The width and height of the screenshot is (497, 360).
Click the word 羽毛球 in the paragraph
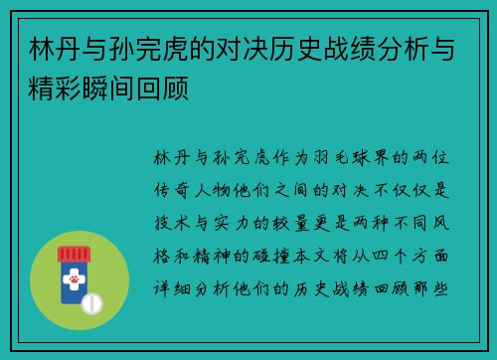(x=326, y=159)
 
